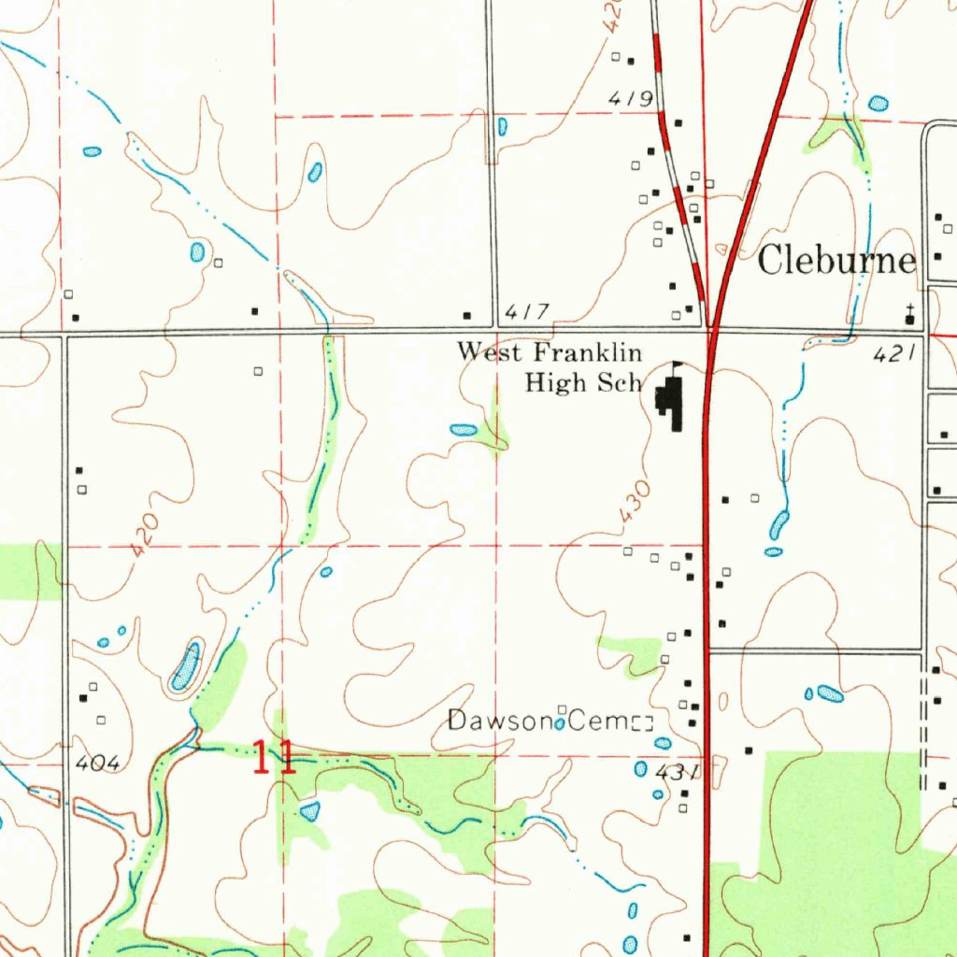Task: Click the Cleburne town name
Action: point(836,260)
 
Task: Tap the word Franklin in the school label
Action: point(588,352)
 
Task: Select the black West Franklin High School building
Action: point(670,403)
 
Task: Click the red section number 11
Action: point(275,757)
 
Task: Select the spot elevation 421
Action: point(892,354)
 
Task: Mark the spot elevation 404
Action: point(98,764)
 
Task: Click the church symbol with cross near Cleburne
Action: point(909,317)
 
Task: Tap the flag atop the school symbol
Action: point(678,366)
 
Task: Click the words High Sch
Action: point(583,382)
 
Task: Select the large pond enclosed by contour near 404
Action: point(185,666)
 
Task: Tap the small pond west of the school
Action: point(464,430)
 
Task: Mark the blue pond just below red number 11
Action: point(310,809)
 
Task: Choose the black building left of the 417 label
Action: point(468,315)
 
